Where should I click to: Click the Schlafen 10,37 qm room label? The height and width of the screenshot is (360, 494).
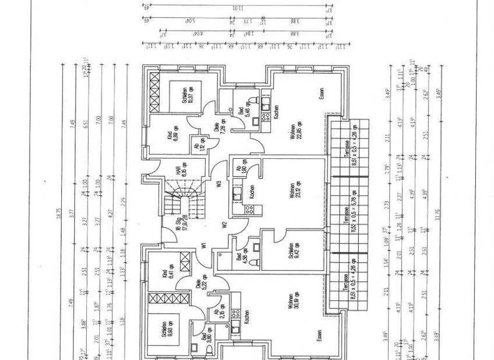[x=188, y=97]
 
